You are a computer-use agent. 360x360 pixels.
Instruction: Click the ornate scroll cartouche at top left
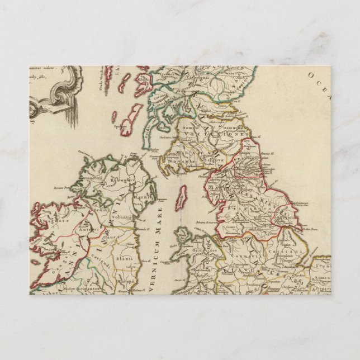pyautogui.click(x=59, y=95)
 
